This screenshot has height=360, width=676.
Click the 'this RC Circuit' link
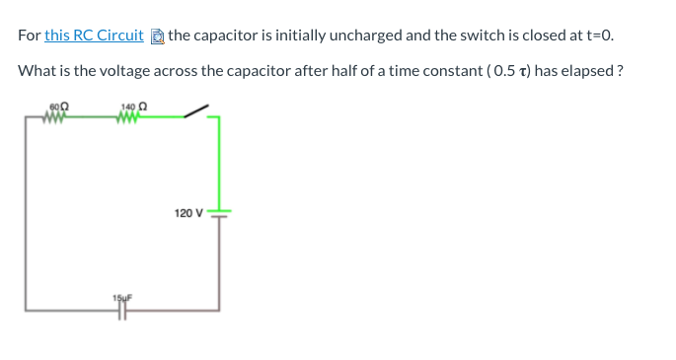click(x=94, y=36)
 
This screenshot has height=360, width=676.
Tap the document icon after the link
click(x=157, y=36)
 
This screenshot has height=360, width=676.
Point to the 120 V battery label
click(x=188, y=213)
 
